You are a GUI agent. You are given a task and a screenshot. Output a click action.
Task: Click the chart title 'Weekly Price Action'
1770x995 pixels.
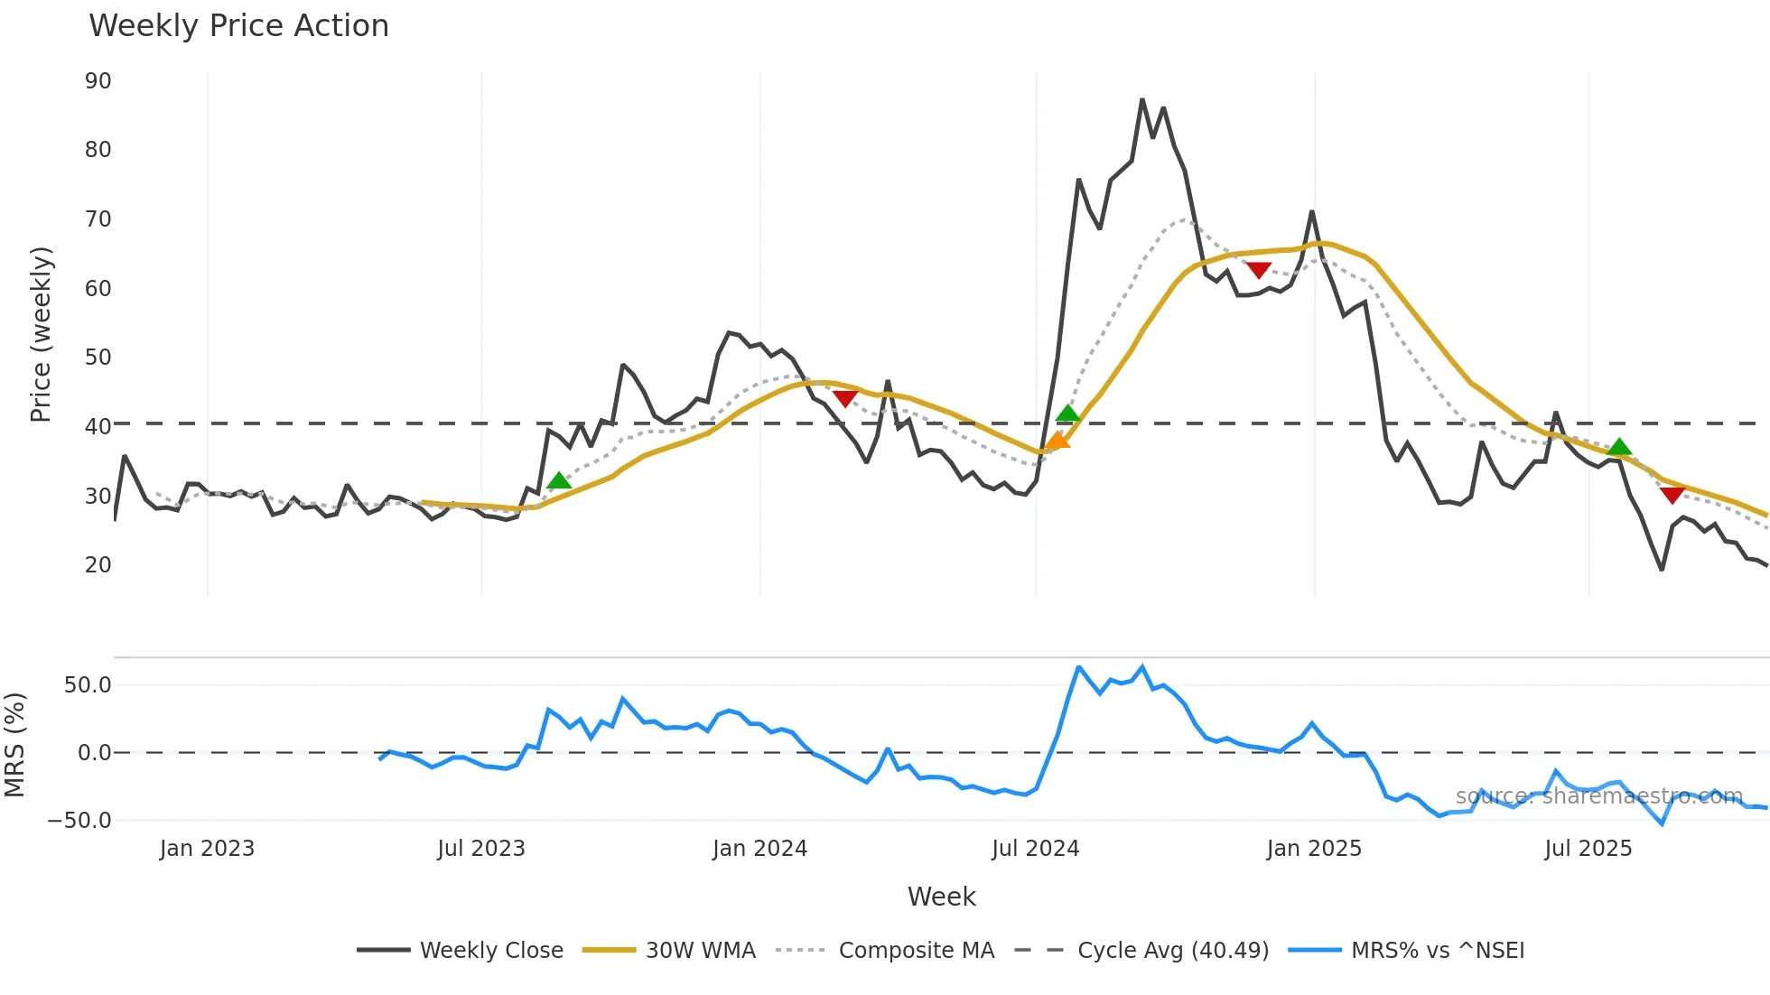tap(238, 26)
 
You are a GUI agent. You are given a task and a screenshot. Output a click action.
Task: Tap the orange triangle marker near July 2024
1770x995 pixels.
tap(1057, 441)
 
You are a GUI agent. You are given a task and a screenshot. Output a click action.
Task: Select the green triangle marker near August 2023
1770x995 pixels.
tap(559, 480)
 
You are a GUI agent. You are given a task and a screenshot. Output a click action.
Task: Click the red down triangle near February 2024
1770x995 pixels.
tap(845, 398)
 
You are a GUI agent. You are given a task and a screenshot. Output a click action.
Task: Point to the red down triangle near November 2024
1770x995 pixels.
tap(1259, 270)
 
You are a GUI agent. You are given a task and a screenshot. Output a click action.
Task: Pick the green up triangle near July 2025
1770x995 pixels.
tap(1619, 447)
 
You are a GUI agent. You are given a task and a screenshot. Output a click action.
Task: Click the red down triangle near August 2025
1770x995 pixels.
tap(1672, 495)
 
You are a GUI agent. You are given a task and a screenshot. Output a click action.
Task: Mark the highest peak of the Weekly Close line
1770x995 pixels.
tap(1142, 99)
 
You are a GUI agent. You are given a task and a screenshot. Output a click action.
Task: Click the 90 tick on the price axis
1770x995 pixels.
tap(98, 81)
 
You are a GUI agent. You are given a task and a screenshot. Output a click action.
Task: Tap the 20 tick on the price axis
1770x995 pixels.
tap(98, 565)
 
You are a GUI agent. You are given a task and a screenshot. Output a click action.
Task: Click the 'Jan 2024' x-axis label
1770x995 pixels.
tap(759, 849)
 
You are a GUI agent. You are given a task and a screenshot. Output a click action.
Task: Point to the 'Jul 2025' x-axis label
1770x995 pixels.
tap(1588, 849)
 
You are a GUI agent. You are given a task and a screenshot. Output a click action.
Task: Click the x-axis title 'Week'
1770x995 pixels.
tap(941, 897)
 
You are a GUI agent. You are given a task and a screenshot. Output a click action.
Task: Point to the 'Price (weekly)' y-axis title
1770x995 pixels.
tap(41, 334)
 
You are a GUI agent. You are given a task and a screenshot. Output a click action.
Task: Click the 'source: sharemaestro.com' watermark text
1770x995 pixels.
tap(1598, 796)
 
